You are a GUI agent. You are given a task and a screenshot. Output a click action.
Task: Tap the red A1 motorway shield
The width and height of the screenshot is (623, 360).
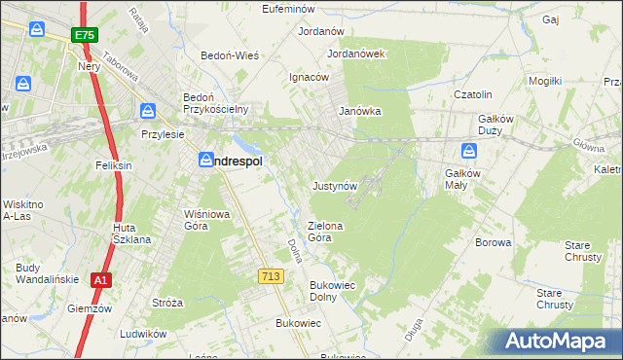(99, 280)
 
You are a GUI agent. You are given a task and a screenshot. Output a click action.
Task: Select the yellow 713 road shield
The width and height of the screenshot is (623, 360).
(272, 277)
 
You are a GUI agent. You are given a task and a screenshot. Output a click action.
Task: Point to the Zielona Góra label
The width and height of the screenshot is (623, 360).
(326, 232)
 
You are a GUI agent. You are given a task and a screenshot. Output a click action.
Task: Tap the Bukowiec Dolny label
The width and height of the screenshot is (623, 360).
(330, 291)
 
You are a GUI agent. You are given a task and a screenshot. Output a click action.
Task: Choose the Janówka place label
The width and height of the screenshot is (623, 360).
(359, 111)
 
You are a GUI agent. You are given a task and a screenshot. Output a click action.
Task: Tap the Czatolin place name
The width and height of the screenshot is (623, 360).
(477, 94)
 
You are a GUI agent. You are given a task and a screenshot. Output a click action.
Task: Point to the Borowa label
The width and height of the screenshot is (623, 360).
(493, 242)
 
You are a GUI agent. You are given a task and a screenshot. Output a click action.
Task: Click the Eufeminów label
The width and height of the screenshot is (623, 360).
(292, 9)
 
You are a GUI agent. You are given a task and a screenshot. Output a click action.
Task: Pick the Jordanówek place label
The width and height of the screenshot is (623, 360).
(357, 54)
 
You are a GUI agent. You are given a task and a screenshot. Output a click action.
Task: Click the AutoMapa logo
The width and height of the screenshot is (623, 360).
(562, 342)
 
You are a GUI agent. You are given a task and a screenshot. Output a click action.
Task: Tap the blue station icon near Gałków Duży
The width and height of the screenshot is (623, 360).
(468, 152)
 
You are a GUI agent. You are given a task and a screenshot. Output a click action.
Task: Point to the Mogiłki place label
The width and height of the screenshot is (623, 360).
(544, 81)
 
